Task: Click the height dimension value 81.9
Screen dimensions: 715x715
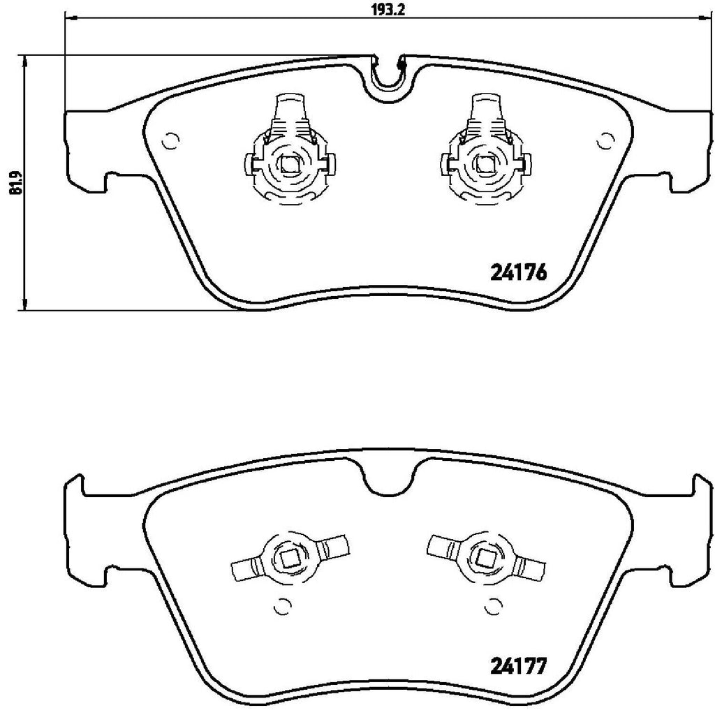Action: (11, 183)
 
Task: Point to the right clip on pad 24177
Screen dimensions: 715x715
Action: (484, 556)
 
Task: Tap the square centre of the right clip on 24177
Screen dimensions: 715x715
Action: (484, 557)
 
